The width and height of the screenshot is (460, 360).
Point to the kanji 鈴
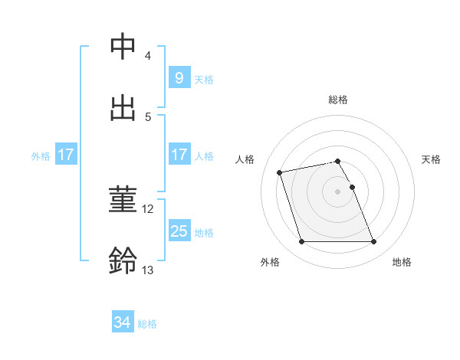coord(123,260)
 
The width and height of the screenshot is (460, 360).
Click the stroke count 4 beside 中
coord(147,56)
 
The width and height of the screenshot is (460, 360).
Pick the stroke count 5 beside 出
coord(147,117)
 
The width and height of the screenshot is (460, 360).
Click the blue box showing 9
coord(179,77)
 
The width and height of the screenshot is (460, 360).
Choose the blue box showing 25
coord(179,231)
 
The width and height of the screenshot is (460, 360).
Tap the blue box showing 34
coord(122,322)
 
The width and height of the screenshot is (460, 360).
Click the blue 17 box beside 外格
coord(65,155)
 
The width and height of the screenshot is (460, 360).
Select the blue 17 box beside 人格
coord(179,155)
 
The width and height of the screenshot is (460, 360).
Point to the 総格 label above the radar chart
coord(338,100)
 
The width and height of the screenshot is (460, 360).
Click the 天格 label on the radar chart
coord(432,159)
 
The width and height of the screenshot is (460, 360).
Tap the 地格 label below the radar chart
coord(402,262)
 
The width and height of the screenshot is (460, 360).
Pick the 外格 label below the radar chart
coord(270,262)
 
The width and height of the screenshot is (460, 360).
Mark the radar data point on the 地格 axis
coord(373,242)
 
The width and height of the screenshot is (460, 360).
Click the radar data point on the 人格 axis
coord(280,172)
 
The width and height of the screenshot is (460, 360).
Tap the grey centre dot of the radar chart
coord(338,191)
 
